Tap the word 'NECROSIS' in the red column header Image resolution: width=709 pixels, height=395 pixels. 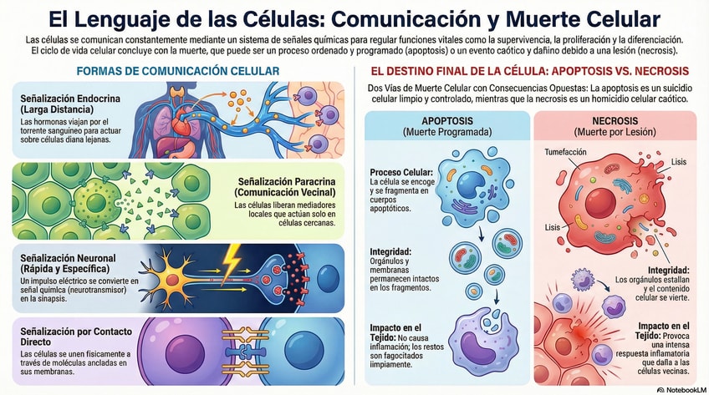pyautogui.click(x=615, y=120)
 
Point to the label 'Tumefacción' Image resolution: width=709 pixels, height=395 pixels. pyautogui.click(x=565, y=152)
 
